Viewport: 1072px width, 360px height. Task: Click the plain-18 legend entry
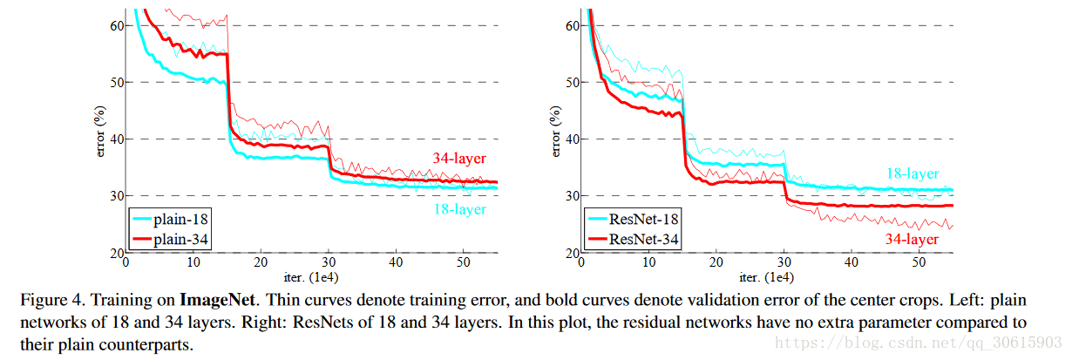[170, 220]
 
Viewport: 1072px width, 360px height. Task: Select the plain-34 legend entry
[170, 239]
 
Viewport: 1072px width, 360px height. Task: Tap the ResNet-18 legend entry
[633, 220]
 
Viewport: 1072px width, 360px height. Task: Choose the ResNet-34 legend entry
[633, 239]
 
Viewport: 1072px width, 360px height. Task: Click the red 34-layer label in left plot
[459, 159]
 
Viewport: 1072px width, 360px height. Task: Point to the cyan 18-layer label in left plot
[460, 209]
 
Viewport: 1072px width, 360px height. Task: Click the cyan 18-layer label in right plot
[913, 173]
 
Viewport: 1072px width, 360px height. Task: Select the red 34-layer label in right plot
[913, 239]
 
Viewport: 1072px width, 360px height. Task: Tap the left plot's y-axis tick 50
[117, 82]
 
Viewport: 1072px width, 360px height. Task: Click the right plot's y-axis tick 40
[573, 139]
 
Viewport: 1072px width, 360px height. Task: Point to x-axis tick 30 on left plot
[329, 262]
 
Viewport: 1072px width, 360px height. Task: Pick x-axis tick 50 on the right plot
[919, 262]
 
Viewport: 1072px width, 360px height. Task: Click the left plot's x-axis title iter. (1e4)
[311, 278]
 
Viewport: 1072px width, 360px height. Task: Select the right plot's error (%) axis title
[555, 131]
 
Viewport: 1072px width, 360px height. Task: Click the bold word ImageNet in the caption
[217, 300]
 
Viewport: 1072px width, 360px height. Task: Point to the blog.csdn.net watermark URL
[919, 343]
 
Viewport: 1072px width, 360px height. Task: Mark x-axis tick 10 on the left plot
[193, 262]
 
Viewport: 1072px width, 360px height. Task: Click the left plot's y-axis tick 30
[117, 196]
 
